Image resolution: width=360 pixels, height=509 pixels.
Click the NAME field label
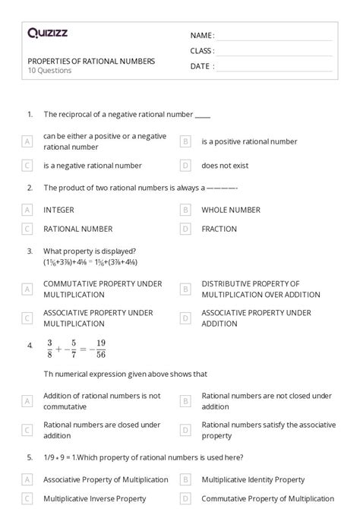pos(202,35)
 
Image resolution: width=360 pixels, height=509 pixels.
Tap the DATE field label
pos(202,66)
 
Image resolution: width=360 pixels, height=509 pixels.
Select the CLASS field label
pos(202,51)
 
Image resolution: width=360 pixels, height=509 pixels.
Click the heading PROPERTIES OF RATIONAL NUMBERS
pos(91,61)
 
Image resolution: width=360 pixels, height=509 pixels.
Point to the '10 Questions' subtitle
pos(49,71)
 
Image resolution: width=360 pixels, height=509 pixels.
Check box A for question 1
pos(27,141)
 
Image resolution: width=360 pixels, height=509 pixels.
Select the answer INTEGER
pos(58,209)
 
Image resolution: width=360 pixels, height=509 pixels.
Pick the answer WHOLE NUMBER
pos(230,209)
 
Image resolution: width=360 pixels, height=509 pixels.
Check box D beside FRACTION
pos(185,228)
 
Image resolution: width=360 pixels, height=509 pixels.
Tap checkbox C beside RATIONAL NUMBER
pos(27,228)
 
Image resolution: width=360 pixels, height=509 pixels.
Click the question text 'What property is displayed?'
pos(90,251)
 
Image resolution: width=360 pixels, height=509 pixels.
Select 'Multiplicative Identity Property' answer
pos(253,479)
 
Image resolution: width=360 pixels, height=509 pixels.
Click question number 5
pos(30,460)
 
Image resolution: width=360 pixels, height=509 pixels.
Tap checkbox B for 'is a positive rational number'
pos(185,141)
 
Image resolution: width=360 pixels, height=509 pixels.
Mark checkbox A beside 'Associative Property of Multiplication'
pos(27,479)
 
